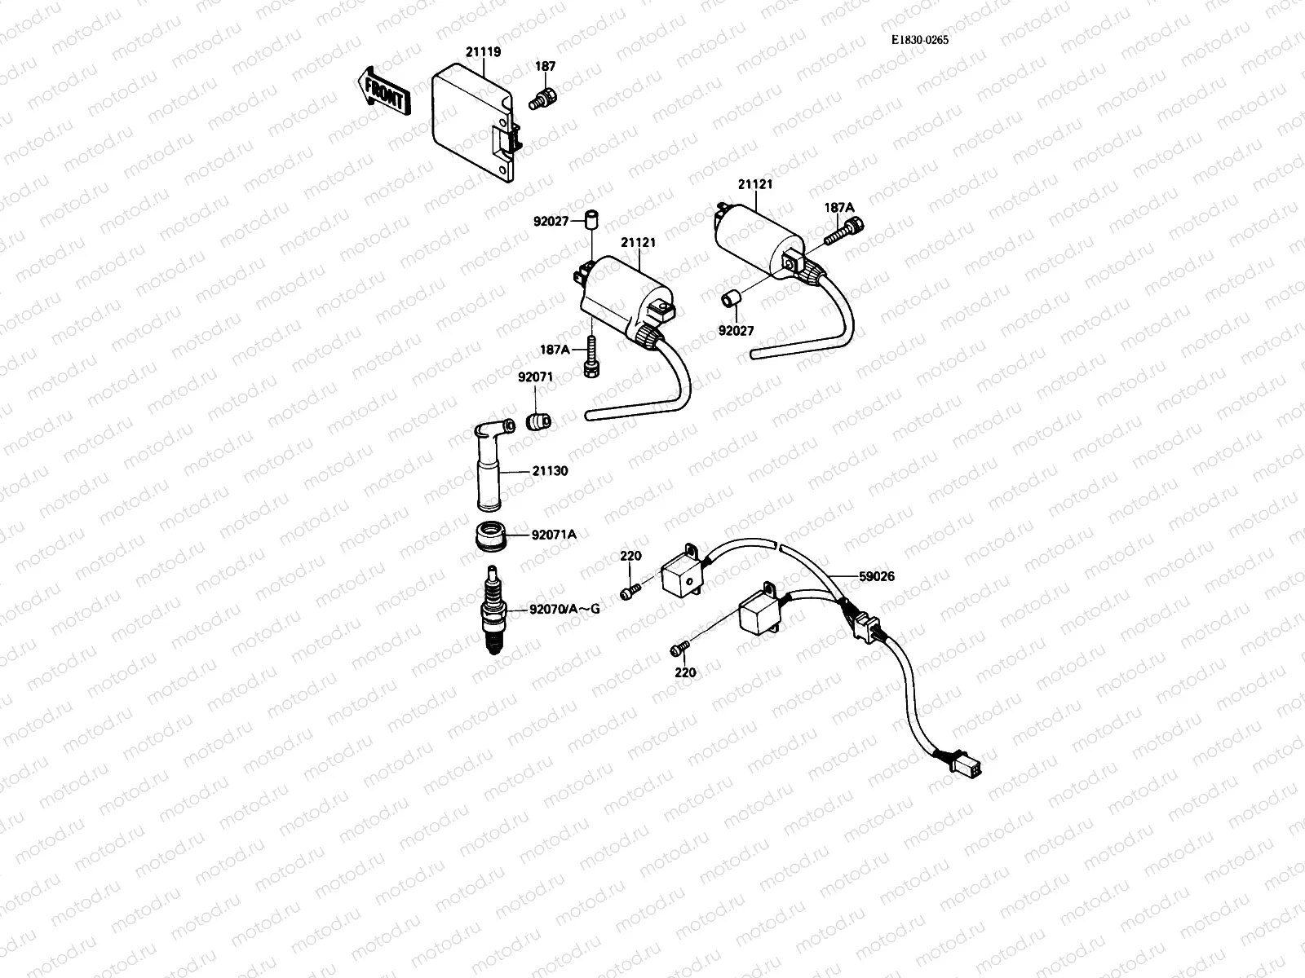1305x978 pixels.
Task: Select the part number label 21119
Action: (484, 52)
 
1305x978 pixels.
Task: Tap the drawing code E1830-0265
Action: (921, 40)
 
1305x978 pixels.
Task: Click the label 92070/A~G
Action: (564, 608)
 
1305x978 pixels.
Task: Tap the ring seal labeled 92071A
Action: (492, 535)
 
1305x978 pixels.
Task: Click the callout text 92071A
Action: (554, 535)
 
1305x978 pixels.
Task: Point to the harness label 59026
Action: (876, 576)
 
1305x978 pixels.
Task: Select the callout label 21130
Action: (551, 471)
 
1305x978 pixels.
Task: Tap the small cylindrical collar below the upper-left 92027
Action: (591, 219)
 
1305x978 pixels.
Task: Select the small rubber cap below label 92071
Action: (537, 421)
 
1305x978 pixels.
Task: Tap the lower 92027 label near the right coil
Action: (736, 331)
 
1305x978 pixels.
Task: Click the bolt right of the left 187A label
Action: (591, 359)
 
